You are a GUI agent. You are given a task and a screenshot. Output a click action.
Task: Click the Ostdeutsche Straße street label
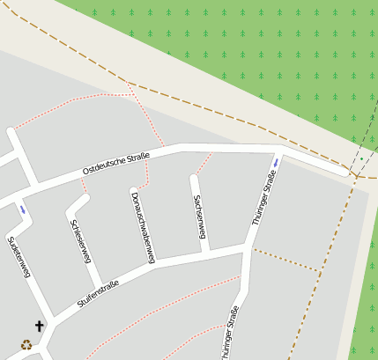116,163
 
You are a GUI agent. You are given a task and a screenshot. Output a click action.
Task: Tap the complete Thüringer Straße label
264,199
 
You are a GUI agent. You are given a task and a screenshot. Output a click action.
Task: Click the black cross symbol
39,327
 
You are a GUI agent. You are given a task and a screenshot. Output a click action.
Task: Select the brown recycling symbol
26,345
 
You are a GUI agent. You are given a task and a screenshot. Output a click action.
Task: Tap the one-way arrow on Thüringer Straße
276,162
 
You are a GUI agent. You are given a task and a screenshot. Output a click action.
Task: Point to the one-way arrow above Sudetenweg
22,209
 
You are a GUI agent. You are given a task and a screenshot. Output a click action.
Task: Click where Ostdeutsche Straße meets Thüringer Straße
275,150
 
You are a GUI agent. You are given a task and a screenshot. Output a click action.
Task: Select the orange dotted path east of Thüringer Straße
284,260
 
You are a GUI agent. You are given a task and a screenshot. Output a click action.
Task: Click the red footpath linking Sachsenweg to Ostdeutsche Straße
204,163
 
